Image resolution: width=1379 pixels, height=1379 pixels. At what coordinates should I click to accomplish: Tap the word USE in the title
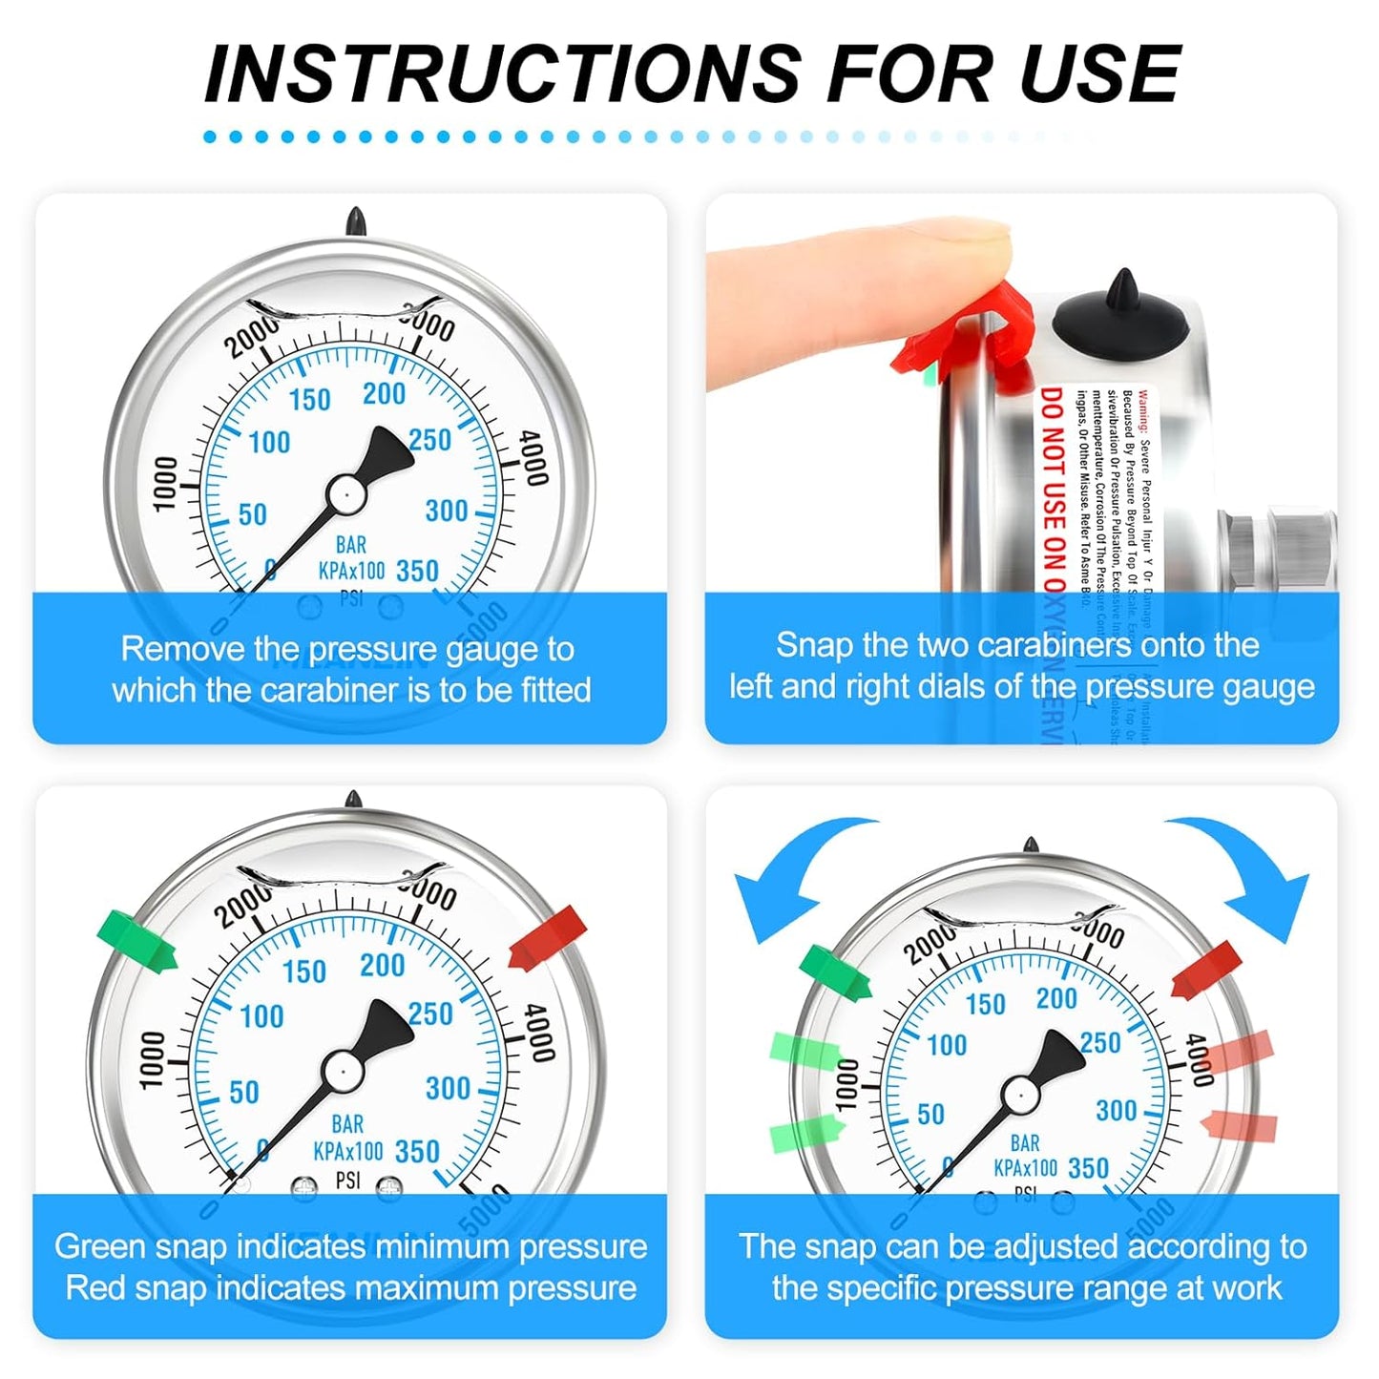coord(1100,73)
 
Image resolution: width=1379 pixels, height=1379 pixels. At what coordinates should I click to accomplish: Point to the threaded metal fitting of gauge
coord(1279,549)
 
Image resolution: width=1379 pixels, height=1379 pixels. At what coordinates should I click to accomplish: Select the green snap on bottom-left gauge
coord(137,941)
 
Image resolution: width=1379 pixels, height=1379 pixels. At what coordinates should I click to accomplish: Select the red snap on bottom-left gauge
coord(548,937)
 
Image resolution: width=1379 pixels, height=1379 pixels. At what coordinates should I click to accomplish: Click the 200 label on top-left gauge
coord(384,393)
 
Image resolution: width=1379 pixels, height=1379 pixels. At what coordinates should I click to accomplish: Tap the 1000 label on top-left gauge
coord(166,483)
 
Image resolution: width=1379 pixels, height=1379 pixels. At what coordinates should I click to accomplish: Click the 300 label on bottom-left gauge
coord(448,1088)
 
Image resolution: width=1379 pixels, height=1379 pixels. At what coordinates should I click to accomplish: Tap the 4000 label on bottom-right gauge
coord(1199,1059)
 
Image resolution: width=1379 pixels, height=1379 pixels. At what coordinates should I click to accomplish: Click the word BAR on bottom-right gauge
coord(1025,1143)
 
